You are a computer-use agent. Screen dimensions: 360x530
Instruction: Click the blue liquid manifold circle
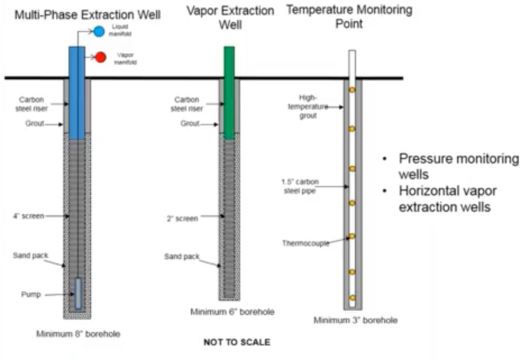click(99, 31)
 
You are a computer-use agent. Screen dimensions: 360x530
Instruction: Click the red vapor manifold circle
click(100, 57)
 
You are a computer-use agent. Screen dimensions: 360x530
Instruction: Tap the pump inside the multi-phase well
click(78, 293)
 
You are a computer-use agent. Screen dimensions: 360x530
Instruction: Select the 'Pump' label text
click(31, 295)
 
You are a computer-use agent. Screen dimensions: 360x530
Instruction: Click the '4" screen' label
click(29, 216)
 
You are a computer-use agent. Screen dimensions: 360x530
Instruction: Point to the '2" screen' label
click(182, 219)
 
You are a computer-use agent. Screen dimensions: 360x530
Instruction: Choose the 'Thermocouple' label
click(305, 243)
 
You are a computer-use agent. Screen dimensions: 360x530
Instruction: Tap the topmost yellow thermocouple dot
click(352, 90)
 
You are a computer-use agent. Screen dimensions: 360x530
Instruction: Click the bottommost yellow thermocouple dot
click(352, 298)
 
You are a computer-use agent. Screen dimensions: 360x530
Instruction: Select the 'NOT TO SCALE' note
click(237, 342)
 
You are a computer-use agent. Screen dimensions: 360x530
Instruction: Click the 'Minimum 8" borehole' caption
click(78, 334)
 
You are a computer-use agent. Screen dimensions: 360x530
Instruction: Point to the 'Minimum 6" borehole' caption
click(232, 312)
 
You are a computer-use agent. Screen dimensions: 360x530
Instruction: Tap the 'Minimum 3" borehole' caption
click(355, 320)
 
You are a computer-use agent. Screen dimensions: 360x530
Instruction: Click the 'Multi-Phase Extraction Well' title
click(88, 15)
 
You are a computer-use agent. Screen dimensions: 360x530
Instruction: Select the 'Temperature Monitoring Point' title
click(349, 16)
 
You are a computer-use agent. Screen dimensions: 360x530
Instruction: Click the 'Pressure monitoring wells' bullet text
click(458, 166)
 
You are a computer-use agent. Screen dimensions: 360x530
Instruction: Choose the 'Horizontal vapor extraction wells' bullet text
click(447, 199)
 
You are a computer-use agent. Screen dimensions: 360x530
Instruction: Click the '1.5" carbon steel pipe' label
click(300, 186)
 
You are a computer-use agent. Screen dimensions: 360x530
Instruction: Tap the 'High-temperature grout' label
click(308, 107)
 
